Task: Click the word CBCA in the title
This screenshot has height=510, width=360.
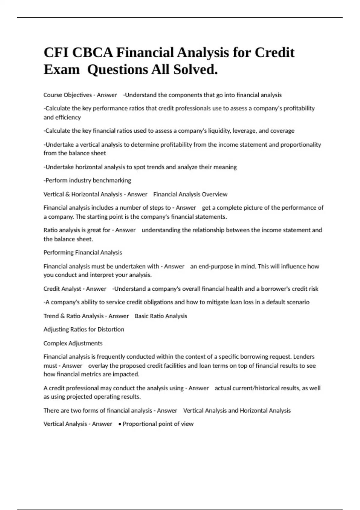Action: click(x=92, y=53)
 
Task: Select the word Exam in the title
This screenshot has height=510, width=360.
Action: click(x=61, y=70)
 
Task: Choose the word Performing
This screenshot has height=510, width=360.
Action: click(x=58, y=253)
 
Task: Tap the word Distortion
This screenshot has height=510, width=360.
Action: click(x=111, y=329)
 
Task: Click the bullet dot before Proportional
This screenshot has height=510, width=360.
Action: click(x=120, y=424)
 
